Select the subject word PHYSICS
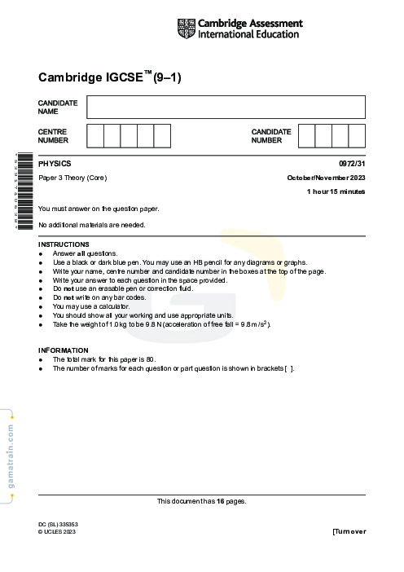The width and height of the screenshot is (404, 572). point(55,164)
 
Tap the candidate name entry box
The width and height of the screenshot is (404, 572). point(226,107)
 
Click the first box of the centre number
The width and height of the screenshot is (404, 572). point(94,135)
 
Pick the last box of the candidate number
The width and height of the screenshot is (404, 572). point(357,135)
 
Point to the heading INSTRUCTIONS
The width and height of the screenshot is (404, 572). point(64,244)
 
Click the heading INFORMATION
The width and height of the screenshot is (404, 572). point(63,350)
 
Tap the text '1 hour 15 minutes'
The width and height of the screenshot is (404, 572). point(336,191)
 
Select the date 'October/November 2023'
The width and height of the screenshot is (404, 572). point(326,178)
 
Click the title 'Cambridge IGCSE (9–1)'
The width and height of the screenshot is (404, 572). point(109,78)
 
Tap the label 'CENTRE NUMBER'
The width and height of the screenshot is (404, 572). point(53,135)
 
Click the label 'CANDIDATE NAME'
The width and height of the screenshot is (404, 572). point(58,107)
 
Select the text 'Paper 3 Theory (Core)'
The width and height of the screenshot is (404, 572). point(72,178)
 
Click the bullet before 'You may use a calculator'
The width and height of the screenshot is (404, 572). point(41,306)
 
